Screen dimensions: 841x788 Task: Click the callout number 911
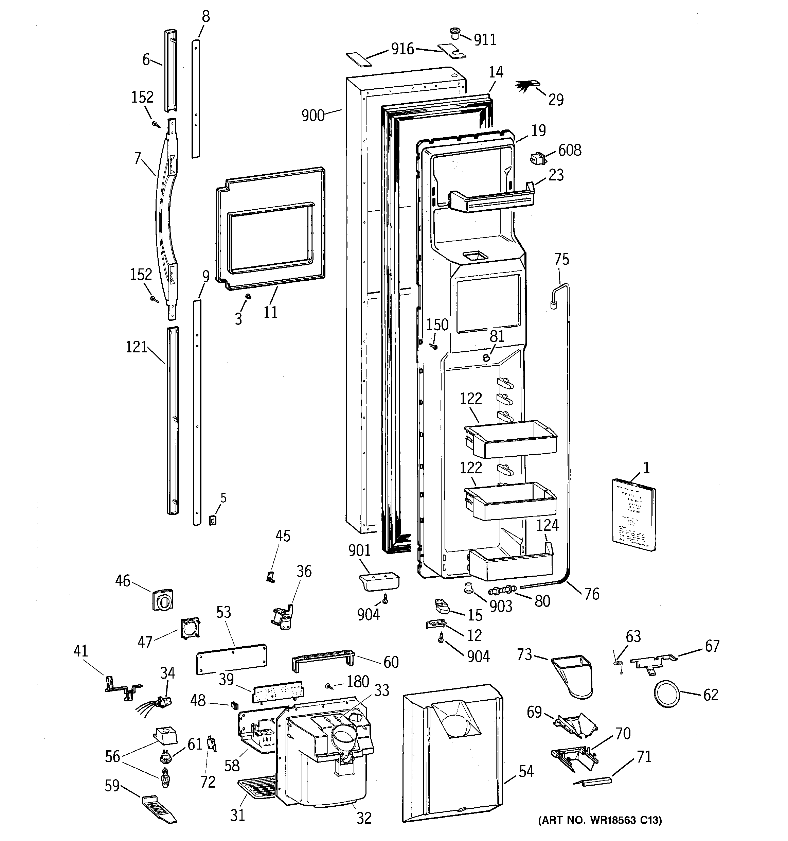point(485,40)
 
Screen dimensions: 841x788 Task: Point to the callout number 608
point(570,150)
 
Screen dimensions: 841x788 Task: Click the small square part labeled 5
point(213,520)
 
